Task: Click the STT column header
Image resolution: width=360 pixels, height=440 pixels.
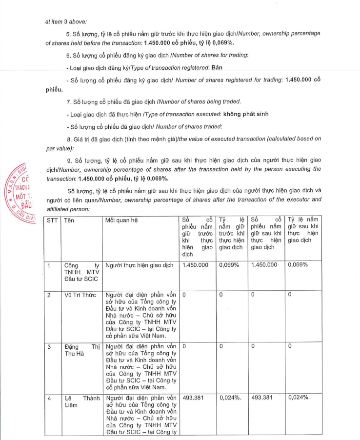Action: pyautogui.click(x=52, y=220)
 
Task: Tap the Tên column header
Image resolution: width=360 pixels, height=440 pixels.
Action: pyautogui.click(x=70, y=220)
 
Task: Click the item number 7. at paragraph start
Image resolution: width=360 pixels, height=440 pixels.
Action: pyautogui.click(x=69, y=101)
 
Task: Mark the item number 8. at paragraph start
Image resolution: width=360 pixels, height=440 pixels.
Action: pyautogui.click(x=69, y=139)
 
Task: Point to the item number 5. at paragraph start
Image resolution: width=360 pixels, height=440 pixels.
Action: pyautogui.click(x=69, y=33)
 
